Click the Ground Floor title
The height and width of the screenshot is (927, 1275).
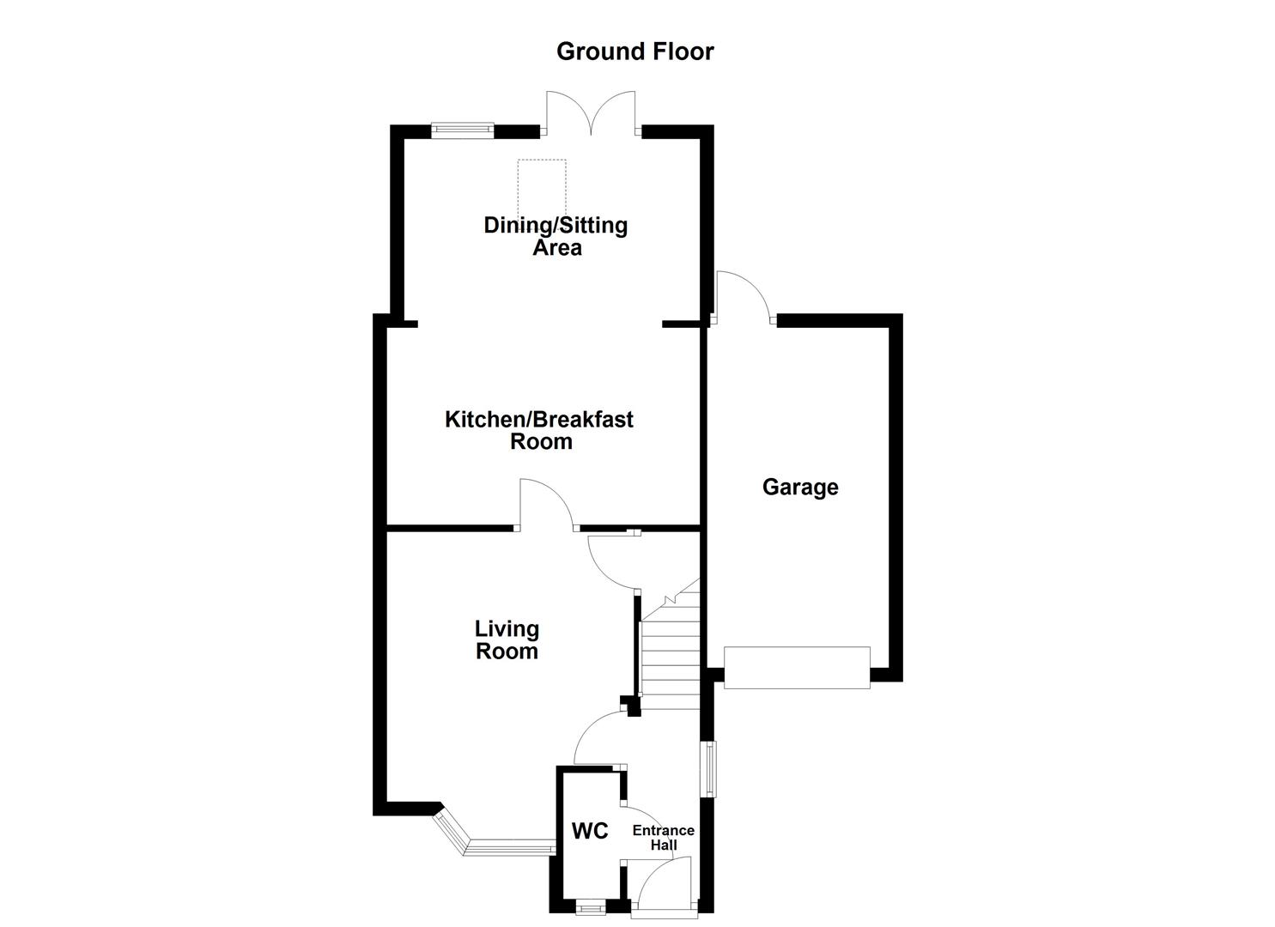[634, 51]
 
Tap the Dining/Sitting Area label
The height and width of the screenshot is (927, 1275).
[556, 236]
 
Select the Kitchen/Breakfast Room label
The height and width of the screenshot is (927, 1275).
[539, 430]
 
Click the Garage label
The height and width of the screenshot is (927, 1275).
[799, 488]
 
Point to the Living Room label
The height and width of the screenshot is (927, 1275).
[507, 639]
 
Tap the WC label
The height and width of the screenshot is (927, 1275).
[590, 831]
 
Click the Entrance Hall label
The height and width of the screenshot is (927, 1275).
[663, 838]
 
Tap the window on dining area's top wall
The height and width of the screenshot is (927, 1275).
[463, 130]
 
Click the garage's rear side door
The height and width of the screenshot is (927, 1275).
[744, 296]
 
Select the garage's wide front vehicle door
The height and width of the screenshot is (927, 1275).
[797, 668]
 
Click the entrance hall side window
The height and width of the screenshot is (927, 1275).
[709, 768]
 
